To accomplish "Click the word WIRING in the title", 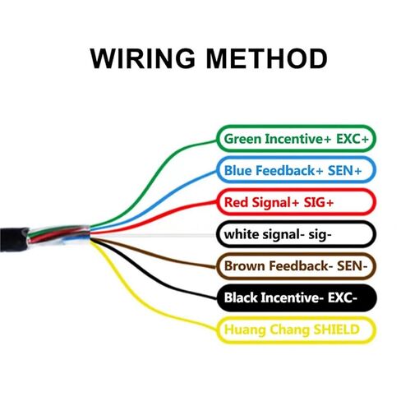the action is [x=142, y=58].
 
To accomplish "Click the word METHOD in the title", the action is [x=266, y=58].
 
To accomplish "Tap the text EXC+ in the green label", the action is [x=353, y=139].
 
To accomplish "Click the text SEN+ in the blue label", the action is [x=345, y=170].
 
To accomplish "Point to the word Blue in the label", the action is [x=237, y=170].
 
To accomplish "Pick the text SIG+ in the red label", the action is [x=319, y=202].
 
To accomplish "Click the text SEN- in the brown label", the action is [x=352, y=265].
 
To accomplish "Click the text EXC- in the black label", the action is [x=343, y=297].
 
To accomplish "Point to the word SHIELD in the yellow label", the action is [x=336, y=330].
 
